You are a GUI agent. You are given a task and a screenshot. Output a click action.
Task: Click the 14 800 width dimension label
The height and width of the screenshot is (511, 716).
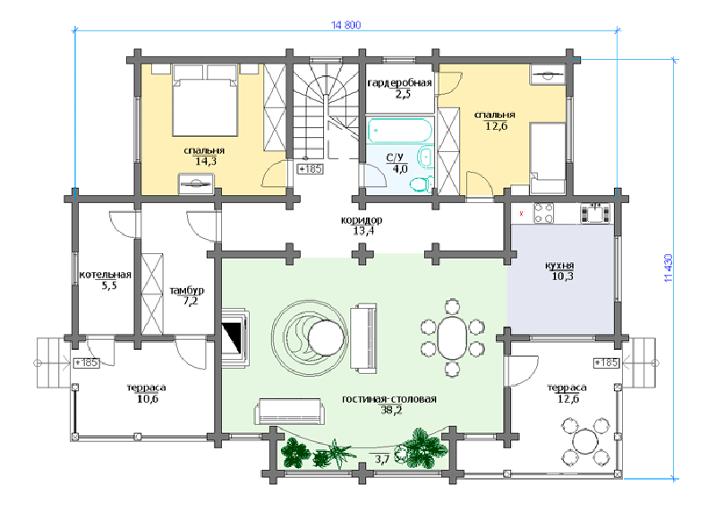pos(345,25)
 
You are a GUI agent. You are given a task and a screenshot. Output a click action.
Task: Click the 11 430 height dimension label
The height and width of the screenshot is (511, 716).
pos(669,268)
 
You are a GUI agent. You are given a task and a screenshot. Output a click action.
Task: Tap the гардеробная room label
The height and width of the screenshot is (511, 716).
pos(399,83)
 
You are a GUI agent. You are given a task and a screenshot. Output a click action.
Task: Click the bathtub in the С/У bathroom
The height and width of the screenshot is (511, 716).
pos(399,131)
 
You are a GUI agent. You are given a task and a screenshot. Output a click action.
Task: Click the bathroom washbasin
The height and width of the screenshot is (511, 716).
pos(425,158)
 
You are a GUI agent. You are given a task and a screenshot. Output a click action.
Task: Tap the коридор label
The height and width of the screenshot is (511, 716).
pos(362,220)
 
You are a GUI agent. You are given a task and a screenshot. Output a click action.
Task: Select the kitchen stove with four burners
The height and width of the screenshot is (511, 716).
pos(543,213)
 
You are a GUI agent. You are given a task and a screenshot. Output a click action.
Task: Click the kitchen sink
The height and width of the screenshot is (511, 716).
pos(595,213)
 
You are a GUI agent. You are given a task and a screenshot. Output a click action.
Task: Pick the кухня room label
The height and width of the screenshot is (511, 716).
pos(560,265)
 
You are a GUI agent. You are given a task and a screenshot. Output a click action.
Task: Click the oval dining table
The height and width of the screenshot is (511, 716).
pos(452,337)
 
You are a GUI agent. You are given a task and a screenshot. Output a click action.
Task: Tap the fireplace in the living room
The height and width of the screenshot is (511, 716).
pos(235,336)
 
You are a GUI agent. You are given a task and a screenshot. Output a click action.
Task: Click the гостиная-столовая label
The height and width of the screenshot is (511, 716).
pos(389,399)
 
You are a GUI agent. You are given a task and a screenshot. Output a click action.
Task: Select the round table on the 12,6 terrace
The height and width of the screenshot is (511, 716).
pos(586,440)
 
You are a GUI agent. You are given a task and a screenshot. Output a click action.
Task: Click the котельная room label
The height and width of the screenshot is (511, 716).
pos(106,275)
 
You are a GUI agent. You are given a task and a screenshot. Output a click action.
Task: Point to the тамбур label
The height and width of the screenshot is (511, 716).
pos(187,291)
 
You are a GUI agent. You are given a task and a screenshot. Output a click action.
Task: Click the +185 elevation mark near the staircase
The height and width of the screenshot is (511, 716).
pos(310,169)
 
